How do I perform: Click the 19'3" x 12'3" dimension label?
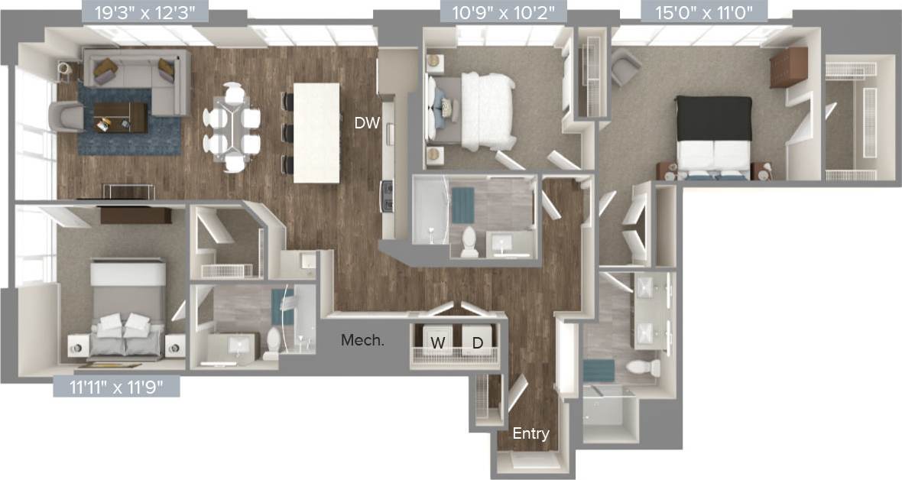[144, 12]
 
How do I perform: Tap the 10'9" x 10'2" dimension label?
[504, 12]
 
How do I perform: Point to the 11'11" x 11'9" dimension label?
[116, 387]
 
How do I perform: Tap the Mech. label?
[362, 340]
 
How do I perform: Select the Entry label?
[530, 433]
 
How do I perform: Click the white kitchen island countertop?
[316, 131]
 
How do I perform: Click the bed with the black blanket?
[713, 138]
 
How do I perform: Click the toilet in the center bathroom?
[469, 242]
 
